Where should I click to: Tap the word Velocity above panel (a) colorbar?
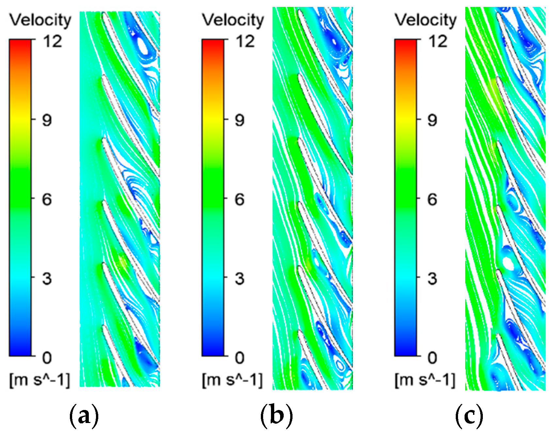pyautogui.click(x=40, y=20)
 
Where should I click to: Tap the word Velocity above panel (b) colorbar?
pyautogui.click(x=233, y=20)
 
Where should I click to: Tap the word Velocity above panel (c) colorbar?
pyautogui.click(x=426, y=20)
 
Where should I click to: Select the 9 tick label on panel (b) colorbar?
pyautogui.click(x=239, y=120)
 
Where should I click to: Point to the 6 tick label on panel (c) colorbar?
pyautogui.click(x=432, y=199)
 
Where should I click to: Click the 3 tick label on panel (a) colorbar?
pyautogui.click(x=47, y=278)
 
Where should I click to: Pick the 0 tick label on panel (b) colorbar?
pyautogui.click(x=239, y=358)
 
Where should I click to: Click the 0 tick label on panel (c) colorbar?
pyautogui.click(x=432, y=358)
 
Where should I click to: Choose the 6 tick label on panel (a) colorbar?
pyautogui.click(x=47, y=199)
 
